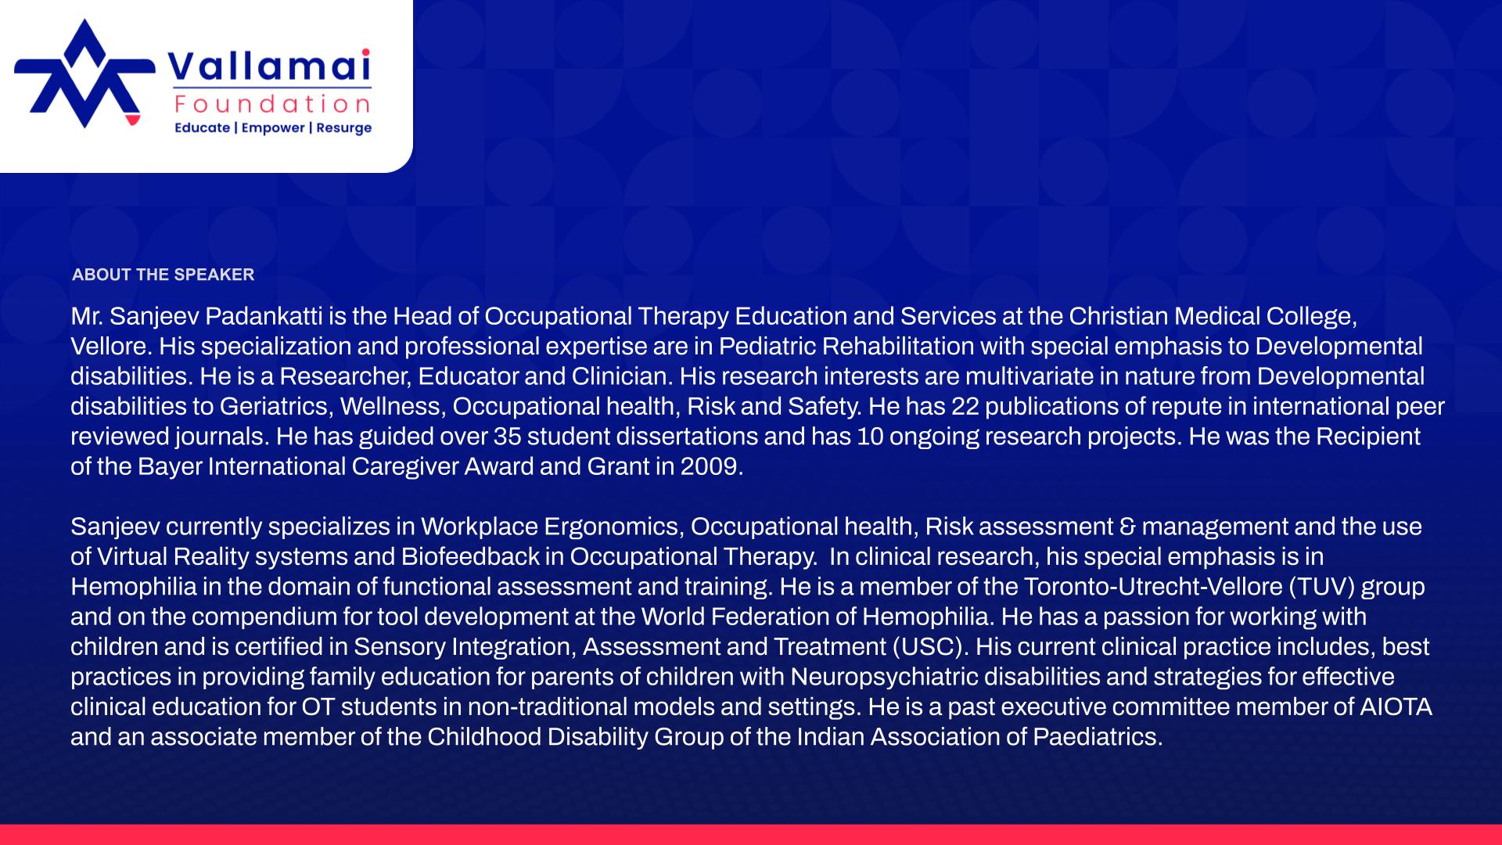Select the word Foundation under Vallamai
(273, 104)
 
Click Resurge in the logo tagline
(343, 128)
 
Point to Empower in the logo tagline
(272, 128)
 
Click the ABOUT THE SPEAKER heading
(163, 275)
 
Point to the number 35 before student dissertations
(507, 437)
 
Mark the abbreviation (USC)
(929, 647)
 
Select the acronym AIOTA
(1396, 707)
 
